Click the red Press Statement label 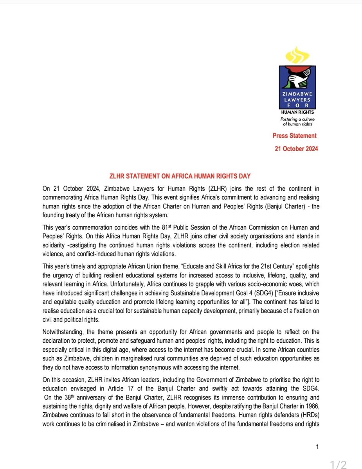point(295,136)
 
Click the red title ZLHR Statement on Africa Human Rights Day point(181,176)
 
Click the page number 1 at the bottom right point(317,446)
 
